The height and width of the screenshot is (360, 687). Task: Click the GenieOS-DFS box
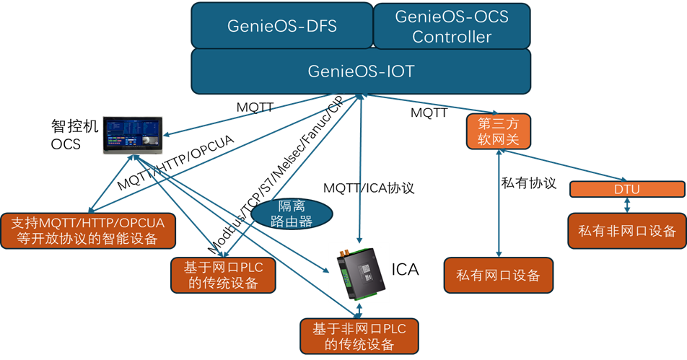pos(281,25)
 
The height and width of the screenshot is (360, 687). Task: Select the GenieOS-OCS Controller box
pos(452,26)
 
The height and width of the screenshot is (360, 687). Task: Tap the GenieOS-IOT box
pos(361,71)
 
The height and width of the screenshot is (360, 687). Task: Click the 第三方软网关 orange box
pos(498,131)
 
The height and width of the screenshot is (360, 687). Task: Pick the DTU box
pos(627,189)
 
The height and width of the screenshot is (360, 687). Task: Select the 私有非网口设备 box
pos(627,231)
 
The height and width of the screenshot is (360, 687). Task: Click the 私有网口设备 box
pos(498,275)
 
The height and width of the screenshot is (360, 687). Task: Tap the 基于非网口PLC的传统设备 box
pos(359,336)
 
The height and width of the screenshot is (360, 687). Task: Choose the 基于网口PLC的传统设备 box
pos(223,275)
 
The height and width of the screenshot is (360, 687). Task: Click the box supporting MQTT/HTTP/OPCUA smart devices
pos(88,231)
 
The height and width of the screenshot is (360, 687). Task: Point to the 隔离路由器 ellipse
pos(292,214)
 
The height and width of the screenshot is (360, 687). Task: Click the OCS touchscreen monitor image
pos(133,136)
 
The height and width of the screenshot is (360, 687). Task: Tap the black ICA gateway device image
pos(361,273)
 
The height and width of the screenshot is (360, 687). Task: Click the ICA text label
pos(405,269)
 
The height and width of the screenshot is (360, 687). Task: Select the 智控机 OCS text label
pos(74,135)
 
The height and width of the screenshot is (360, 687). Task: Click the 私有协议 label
pos(528,183)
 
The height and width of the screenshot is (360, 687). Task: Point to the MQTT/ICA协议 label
pos(369,188)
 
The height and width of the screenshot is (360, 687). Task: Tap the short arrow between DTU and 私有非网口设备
pos(627,206)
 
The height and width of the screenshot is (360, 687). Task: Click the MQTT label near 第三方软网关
pos(429,113)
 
